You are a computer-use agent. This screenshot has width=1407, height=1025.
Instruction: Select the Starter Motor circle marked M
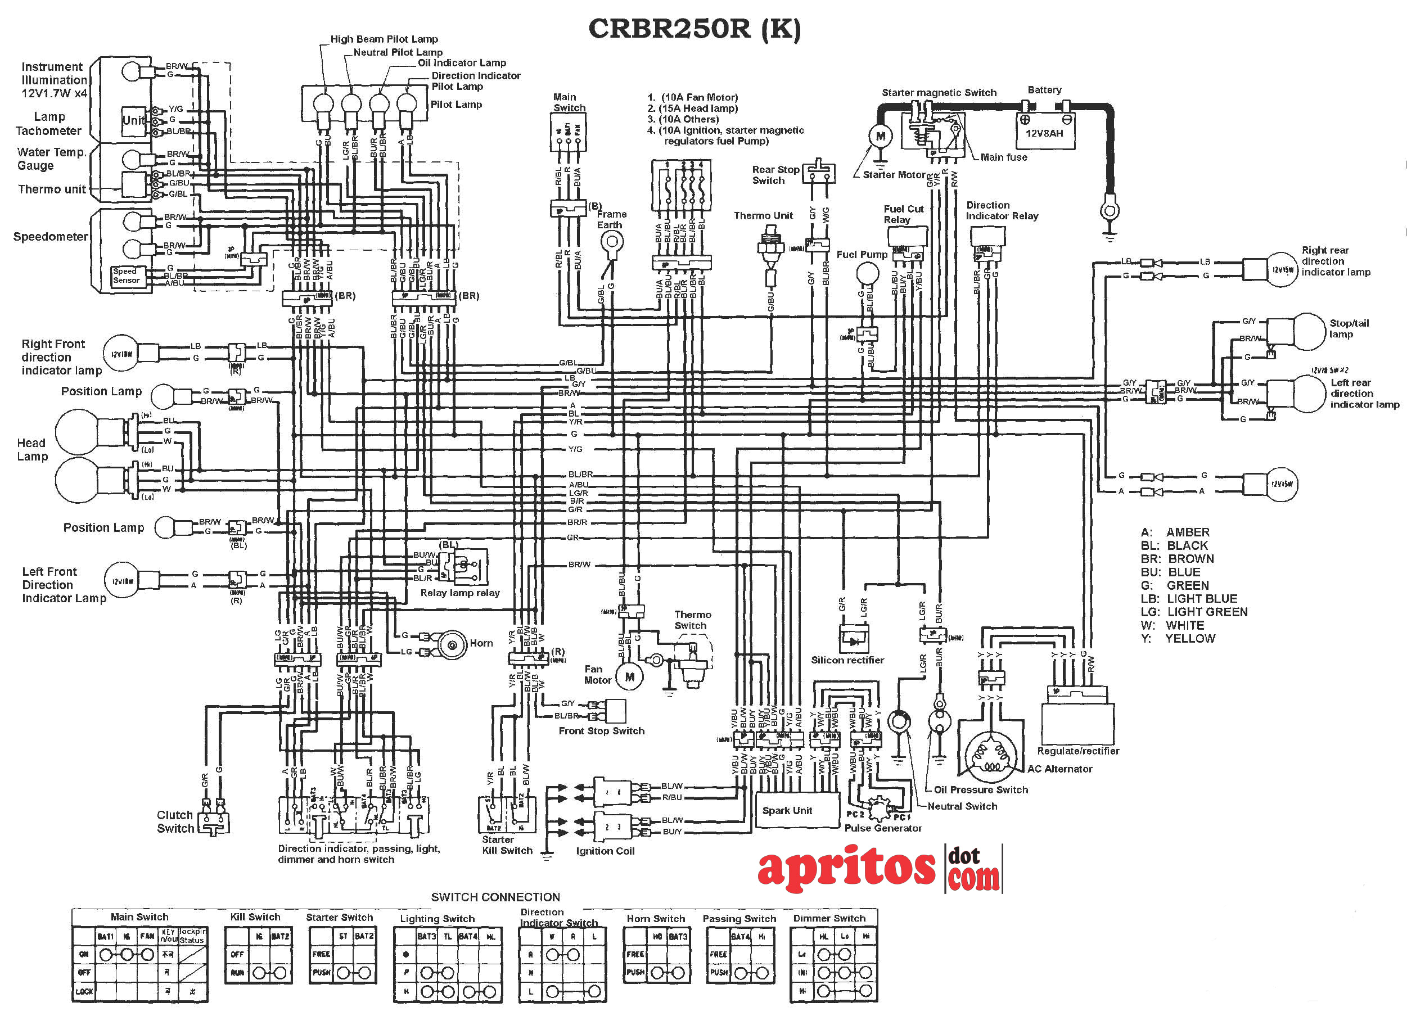click(880, 136)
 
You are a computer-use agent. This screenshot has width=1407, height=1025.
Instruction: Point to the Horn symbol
click(452, 645)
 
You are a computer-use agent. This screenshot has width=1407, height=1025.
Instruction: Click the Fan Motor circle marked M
click(629, 676)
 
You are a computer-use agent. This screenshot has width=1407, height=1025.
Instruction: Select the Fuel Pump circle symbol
click(867, 274)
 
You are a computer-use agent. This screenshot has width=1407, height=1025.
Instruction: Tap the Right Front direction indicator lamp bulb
click(121, 353)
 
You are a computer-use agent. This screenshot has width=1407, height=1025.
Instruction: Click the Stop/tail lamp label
click(1348, 328)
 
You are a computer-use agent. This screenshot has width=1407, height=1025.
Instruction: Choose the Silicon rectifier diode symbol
click(854, 640)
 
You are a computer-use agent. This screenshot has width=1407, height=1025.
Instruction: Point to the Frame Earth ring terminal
click(612, 244)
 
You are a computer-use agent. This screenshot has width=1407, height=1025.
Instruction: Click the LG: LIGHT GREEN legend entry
click(1193, 612)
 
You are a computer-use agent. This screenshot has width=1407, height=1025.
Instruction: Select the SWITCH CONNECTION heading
click(495, 897)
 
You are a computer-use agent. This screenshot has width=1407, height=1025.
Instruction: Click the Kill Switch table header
click(255, 917)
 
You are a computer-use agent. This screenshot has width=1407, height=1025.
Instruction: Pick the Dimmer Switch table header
click(828, 918)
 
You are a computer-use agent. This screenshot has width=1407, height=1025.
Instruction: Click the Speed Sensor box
click(126, 276)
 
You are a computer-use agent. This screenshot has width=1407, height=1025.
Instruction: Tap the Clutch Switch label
click(175, 821)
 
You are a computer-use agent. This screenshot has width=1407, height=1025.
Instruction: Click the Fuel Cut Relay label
click(903, 214)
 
